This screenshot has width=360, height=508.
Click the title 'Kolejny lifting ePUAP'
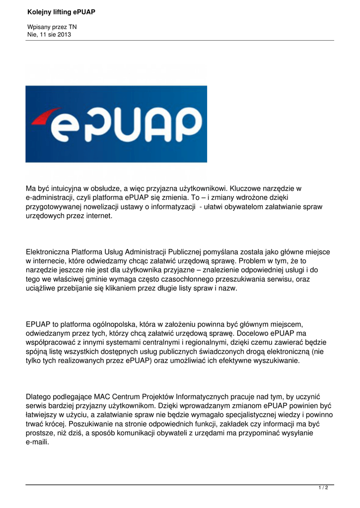point(61,11)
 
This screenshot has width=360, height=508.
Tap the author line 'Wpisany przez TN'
point(52,27)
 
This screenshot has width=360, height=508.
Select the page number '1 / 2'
point(323,488)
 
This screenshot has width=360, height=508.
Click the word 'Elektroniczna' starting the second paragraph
point(48,252)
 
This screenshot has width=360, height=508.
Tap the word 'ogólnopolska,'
point(104,324)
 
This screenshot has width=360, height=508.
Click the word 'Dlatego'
point(39,396)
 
